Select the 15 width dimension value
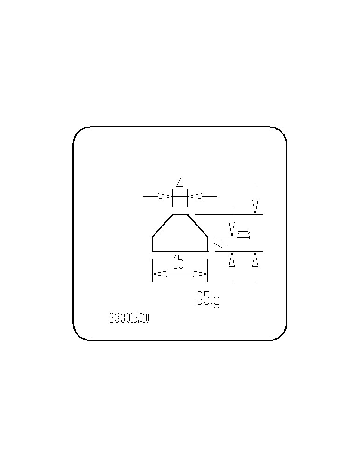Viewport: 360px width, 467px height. pos(178,262)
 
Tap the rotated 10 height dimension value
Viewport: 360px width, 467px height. pos(244,234)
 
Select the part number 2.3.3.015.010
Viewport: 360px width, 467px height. pos(129,318)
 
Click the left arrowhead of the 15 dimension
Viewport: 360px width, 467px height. pos(160,274)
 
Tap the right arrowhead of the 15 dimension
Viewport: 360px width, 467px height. pos(200,274)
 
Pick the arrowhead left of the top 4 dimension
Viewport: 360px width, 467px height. pos(165,196)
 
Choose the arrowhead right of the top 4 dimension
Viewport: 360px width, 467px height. pos(195,196)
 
